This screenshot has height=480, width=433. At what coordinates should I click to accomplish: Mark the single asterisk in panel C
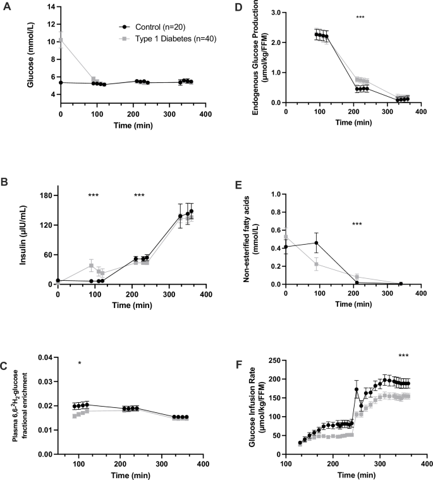pos(80,363)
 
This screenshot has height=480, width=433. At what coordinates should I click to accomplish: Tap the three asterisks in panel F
pos(404,356)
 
